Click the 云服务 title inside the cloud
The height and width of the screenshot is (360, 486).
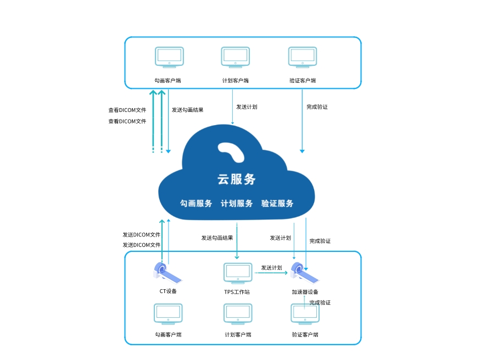click(x=237, y=179)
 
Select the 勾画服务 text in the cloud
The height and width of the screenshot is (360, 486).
click(x=196, y=203)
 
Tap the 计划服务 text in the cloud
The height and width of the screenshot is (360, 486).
click(x=237, y=203)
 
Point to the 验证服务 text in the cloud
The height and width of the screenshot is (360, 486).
click(x=277, y=203)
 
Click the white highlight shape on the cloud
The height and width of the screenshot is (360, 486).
click(x=232, y=152)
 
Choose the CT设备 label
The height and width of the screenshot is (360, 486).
click(x=168, y=291)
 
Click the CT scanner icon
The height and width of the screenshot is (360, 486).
click(x=167, y=273)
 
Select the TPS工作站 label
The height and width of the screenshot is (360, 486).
click(x=237, y=292)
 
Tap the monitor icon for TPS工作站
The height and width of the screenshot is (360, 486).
click(x=238, y=273)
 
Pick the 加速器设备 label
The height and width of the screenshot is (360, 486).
click(x=305, y=292)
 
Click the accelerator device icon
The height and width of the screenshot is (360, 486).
click(x=304, y=273)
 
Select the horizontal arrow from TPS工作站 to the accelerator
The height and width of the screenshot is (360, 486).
click(x=271, y=273)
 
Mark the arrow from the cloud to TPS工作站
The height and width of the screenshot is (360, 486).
click(x=237, y=241)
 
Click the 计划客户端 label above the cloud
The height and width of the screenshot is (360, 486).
click(x=235, y=81)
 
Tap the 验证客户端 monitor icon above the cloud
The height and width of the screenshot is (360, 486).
click(x=303, y=57)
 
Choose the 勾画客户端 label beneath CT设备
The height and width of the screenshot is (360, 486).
click(x=168, y=335)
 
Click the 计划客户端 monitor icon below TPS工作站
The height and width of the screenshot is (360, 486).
click(x=238, y=314)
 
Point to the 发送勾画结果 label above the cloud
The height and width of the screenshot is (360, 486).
click(x=187, y=110)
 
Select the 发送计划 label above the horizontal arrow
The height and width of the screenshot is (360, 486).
click(x=271, y=268)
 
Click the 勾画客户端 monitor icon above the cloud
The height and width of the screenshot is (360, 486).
click(x=169, y=57)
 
